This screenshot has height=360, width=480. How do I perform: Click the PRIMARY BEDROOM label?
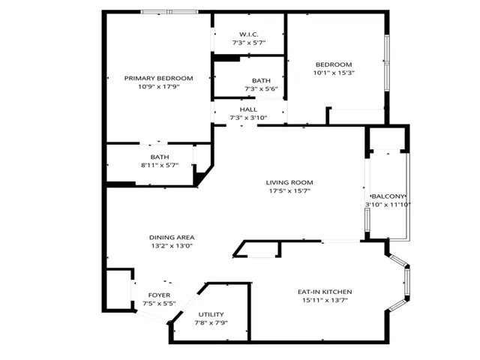[158, 78]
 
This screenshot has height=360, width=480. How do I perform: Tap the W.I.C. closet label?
[248, 34]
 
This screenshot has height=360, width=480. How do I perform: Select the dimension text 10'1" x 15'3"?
[334, 73]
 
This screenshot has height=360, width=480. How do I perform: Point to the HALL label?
[248, 109]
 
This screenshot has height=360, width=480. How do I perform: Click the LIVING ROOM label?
[289, 183]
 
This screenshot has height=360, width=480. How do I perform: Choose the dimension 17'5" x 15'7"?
[289, 191]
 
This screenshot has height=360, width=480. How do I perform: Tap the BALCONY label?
[388, 196]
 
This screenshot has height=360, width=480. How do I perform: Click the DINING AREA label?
[172, 238]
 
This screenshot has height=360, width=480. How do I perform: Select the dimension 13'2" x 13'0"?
[172, 246]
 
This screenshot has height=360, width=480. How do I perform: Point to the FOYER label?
[159, 295]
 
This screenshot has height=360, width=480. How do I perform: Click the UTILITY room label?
[211, 314]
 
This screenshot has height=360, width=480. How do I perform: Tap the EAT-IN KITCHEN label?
[325, 292]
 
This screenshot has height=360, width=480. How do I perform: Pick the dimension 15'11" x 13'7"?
[325, 300]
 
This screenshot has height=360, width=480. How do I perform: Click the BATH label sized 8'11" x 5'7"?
[160, 157]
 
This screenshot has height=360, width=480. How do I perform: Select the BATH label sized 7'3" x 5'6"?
[261, 81]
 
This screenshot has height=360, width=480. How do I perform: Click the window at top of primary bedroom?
[169, 12]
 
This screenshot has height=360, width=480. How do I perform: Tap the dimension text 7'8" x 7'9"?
[211, 322]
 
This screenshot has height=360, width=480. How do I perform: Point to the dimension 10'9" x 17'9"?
[158, 87]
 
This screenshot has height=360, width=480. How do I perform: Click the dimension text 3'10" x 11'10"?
[388, 205]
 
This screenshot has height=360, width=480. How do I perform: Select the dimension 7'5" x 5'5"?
[159, 304]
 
